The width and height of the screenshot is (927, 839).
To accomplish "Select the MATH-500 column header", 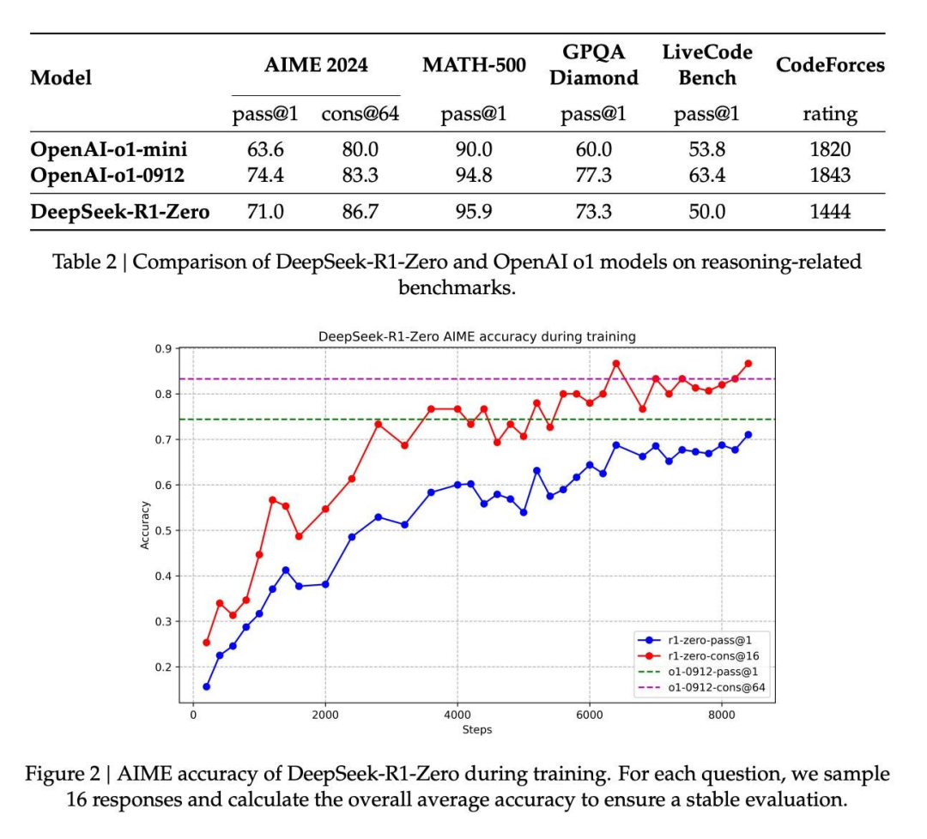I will point(474,66).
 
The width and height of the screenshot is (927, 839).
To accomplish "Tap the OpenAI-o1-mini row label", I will point(109,149).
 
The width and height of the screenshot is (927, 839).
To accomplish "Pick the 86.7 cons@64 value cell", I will point(360,211).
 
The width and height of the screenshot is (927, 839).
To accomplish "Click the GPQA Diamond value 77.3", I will point(594,175).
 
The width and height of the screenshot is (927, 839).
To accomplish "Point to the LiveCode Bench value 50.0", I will point(707,211).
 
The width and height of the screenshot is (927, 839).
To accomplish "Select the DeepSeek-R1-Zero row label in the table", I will point(120,211).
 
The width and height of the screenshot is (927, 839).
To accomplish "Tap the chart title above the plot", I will point(477,336).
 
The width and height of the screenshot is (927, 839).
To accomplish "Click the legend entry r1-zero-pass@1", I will point(703,640).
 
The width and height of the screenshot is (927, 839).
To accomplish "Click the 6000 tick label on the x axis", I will point(589,715).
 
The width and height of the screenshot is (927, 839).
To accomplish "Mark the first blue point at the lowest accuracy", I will point(206,686).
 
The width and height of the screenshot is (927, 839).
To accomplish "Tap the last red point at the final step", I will point(748,364).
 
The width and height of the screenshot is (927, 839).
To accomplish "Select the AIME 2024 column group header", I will point(316,66).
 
